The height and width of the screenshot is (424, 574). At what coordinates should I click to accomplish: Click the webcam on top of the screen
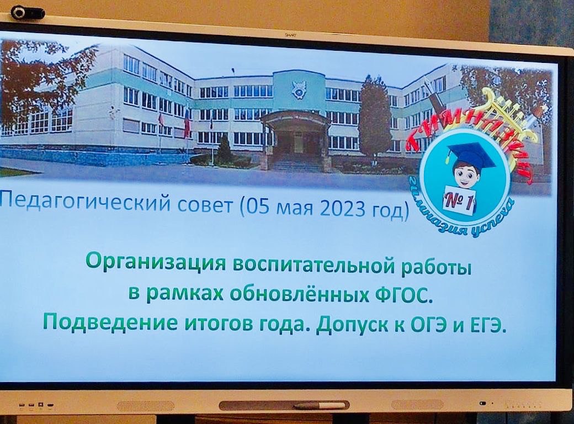[x=28, y=14]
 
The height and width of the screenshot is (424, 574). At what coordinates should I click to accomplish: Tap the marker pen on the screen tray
[x=320, y=405]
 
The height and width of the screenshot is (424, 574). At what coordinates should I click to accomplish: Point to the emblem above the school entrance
[x=297, y=89]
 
